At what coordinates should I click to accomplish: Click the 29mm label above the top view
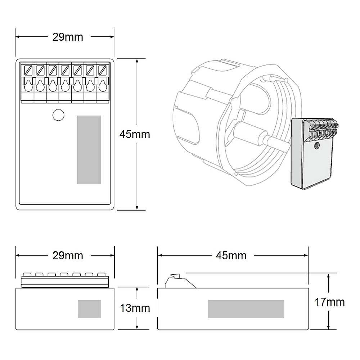[x=68, y=37]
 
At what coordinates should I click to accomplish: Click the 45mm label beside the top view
[x=135, y=134]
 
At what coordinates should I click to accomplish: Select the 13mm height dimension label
[x=135, y=308]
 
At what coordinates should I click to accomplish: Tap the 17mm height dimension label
[x=330, y=302]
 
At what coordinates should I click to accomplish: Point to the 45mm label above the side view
[x=231, y=256]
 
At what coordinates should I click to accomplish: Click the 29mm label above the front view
[x=68, y=256]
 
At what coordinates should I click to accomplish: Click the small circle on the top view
[x=58, y=115]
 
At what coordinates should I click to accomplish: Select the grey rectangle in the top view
[x=89, y=150]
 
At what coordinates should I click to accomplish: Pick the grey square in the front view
[x=89, y=309]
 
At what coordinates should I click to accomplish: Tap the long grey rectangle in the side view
[x=246, y=309]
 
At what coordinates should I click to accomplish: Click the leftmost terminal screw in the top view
[x=28, y=70]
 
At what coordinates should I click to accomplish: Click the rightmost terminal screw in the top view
[x=102, y=70]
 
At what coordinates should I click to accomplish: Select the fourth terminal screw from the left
[x=65, y=70]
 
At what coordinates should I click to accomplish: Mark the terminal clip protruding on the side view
[x=180, y=281]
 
